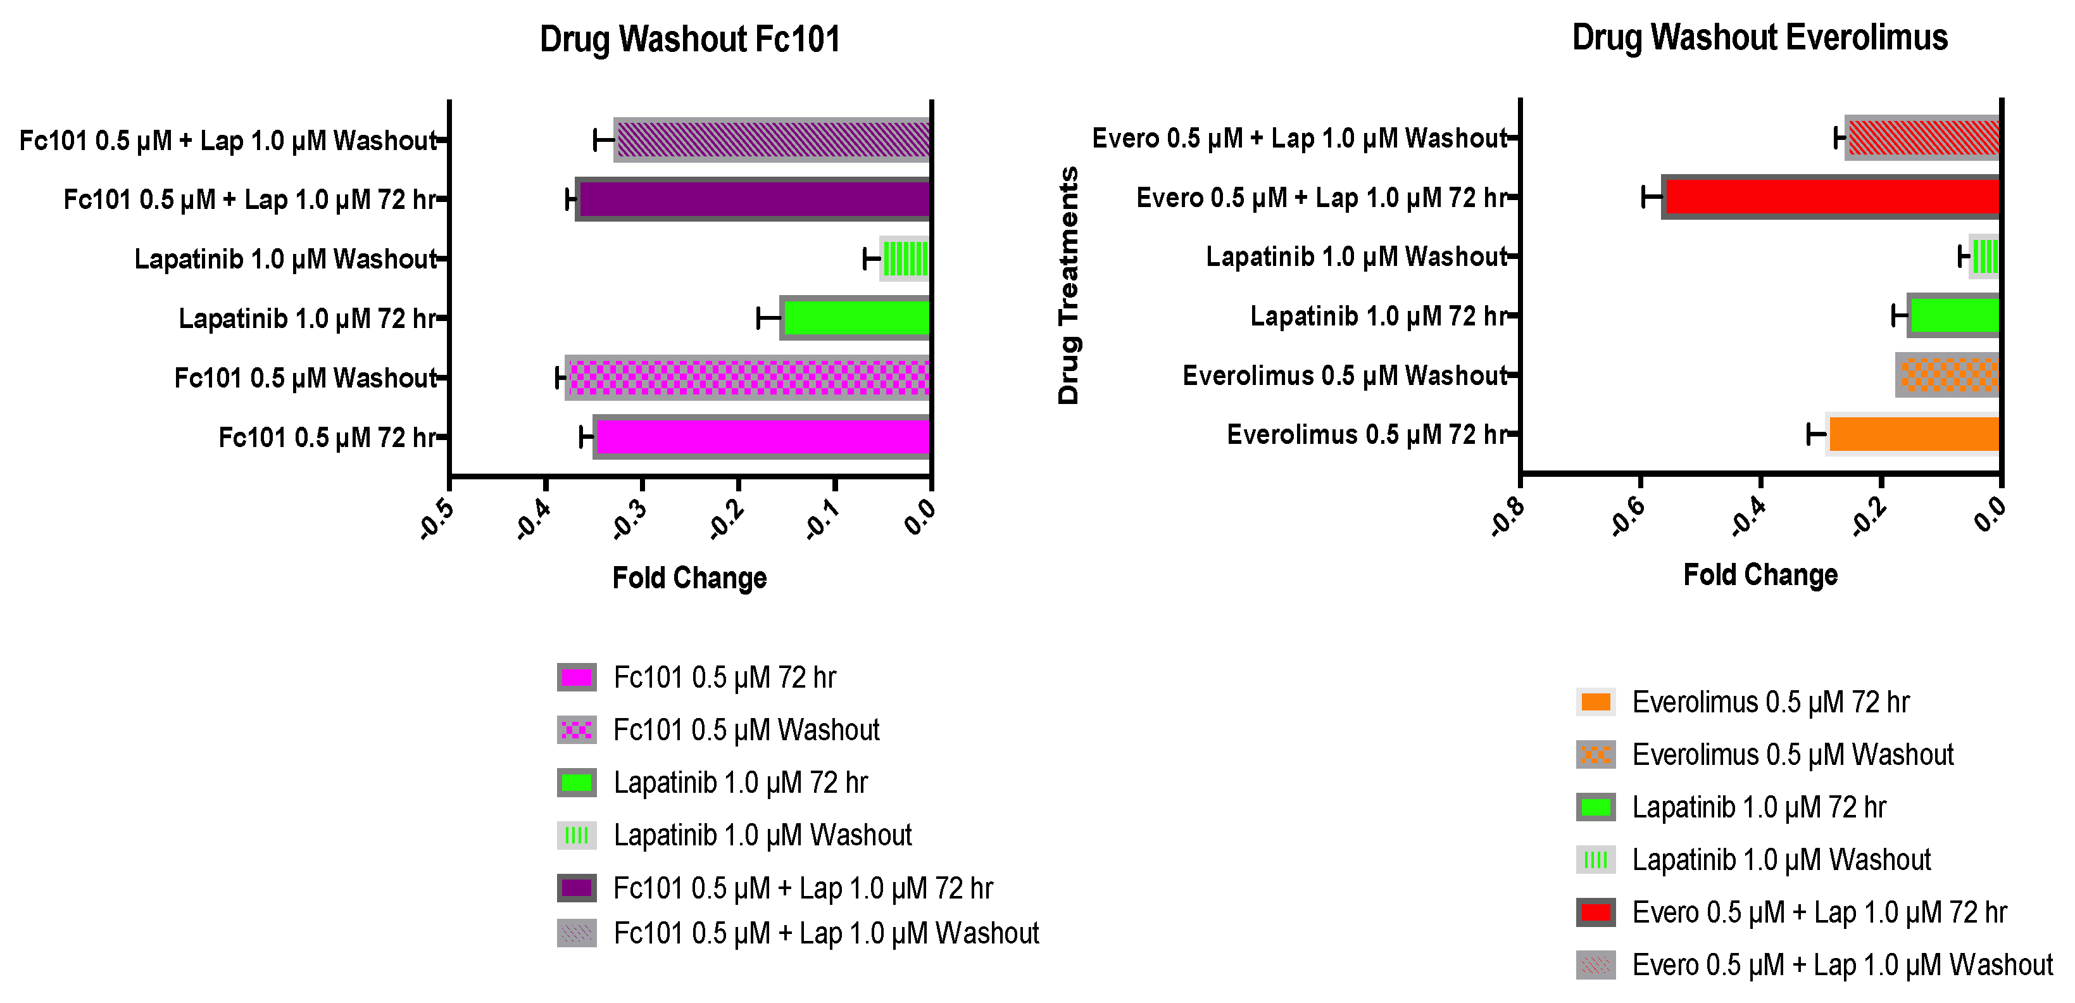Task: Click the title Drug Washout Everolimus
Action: pos(1759,37)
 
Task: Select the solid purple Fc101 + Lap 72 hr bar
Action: pos(754,199)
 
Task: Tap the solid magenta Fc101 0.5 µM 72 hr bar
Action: pos(762,438)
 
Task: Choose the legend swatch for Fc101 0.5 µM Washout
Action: pos(577,730)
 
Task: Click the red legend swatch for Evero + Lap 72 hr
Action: pos(1596,912)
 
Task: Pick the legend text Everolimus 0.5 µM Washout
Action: pos(1792,755)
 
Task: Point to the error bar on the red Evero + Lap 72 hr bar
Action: pos(1652,196)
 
